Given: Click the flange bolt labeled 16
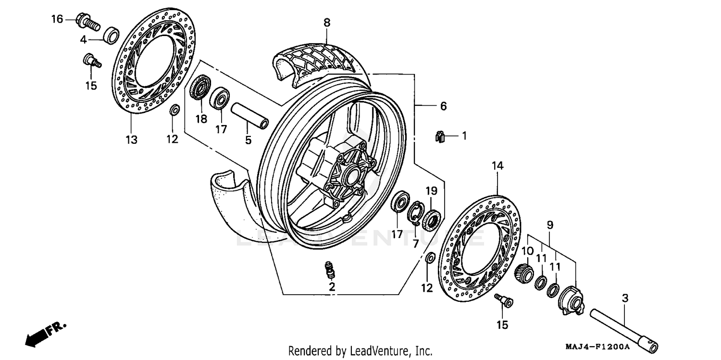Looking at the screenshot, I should pyautogui.click(x=87, y=21).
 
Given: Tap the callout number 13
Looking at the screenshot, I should pyautogui.click(x=131, y=140).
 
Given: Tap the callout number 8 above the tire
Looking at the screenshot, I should pyautogui.click(x=327, y=22).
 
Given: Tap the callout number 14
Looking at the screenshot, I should pyautogui.click(x=497, y=166).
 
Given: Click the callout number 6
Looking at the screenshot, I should pyautogui.click(x=443, y=106).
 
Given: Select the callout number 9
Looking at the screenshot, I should pyautogui.click(x=550, y=224).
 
